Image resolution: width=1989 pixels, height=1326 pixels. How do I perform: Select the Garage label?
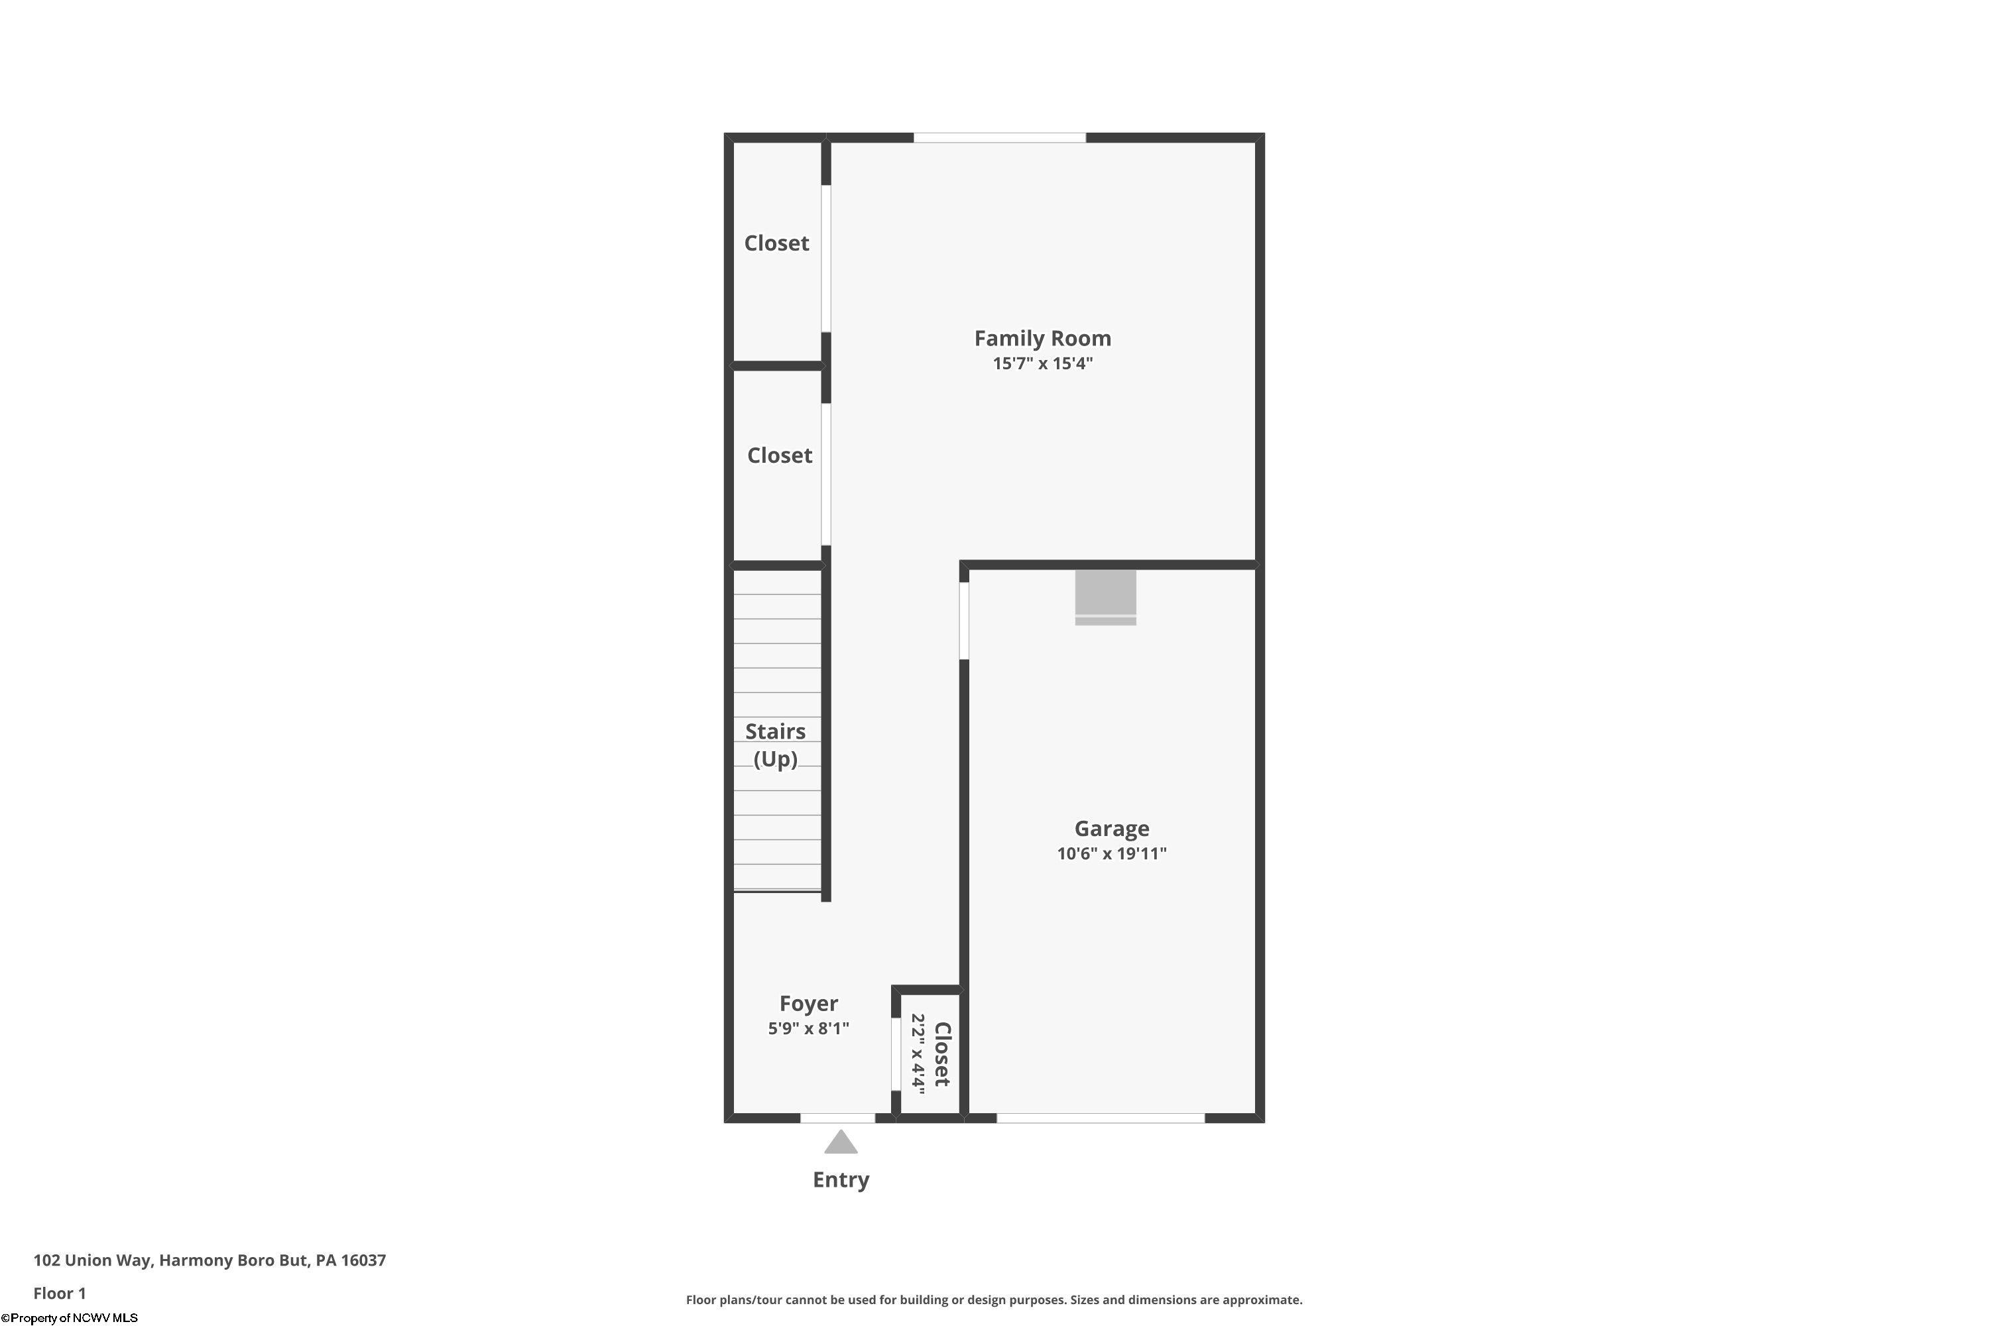(1111, 829)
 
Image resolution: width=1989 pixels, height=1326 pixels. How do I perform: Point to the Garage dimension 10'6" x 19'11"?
(1111, 853)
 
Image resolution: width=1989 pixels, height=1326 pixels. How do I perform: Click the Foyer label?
(808, 1004)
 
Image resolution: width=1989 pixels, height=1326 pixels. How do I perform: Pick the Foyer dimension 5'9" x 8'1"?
(808, 1028)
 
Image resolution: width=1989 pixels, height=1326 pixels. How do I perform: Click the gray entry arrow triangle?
(841, 1143)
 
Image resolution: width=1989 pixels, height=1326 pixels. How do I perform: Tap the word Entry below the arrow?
(841, 1179)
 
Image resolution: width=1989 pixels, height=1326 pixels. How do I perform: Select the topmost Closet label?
(776, 243)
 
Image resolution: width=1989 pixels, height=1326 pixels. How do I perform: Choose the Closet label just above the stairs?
(779, 456)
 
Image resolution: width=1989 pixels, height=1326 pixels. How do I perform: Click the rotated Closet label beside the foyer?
(942, 1054)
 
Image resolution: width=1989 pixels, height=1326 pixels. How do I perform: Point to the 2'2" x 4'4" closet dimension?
(918, 1054)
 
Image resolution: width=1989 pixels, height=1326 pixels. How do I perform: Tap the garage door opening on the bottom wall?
(1100, 1118)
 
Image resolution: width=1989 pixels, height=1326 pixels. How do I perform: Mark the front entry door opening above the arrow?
(837, 1118)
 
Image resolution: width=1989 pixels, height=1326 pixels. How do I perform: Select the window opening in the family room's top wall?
(1000, 138)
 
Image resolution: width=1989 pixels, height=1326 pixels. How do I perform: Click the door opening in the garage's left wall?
(964, 621)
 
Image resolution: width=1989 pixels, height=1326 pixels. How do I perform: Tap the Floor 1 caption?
(59, 1293)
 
